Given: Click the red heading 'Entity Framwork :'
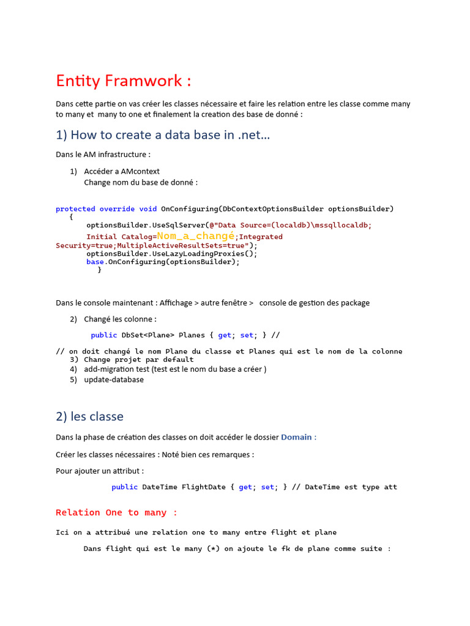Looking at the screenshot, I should (x=124, y=81).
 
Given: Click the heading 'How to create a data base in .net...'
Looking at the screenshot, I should (x=163, y=135).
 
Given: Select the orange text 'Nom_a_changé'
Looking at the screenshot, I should (x=196, y=236).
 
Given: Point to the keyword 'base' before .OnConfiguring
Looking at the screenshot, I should (x=95, y=262).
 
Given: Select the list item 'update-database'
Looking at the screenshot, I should (x=114, y=380).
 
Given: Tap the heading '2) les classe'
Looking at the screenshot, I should (x=89, y=416).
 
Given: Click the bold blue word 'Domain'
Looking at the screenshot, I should (x=296, y=437).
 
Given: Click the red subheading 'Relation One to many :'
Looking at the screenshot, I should (x=116, y=512).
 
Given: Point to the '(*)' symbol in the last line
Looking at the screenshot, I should (x=214, y=549).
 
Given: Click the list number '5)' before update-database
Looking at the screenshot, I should (x=73, y=380).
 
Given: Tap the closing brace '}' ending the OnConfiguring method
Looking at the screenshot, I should (x=100, y=270).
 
